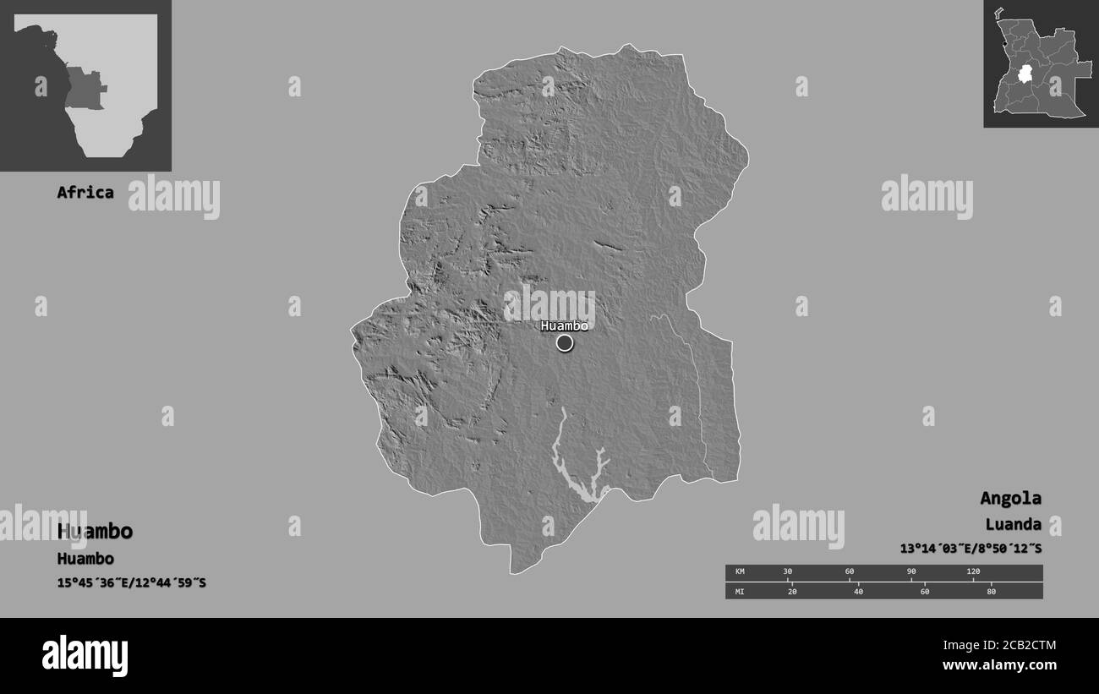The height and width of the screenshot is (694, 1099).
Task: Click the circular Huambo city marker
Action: [x=565, y=342]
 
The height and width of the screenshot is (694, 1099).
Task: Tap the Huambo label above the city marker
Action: [x=564, y=325]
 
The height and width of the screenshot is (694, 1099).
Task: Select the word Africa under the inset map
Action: [x=85, y=192]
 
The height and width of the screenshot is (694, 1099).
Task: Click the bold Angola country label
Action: [x=1010, y=498]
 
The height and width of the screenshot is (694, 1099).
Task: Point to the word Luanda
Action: [x=1013, y=524]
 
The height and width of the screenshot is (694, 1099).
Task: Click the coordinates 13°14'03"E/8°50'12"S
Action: [x=971, y=549]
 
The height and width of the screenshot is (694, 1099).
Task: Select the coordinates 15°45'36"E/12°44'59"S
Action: [x=131, y=583]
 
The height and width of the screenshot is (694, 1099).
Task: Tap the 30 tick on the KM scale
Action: [x=788, y=572]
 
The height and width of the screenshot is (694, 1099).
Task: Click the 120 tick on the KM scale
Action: [x=973, y=572]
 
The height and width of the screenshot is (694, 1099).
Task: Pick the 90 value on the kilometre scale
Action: [x=911, y=572]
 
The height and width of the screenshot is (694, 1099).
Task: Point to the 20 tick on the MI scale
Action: [x=792, y=591]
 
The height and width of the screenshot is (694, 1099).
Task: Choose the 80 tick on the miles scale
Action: [x=992, y=591]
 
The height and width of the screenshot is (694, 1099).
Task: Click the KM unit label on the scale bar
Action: [x=740, y=572]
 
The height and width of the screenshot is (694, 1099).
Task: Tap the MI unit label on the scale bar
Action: [x=740, y=591]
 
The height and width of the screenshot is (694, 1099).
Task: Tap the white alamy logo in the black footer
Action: [x=85, y=655]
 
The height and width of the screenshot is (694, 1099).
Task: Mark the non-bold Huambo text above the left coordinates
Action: [x=85, y=559]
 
